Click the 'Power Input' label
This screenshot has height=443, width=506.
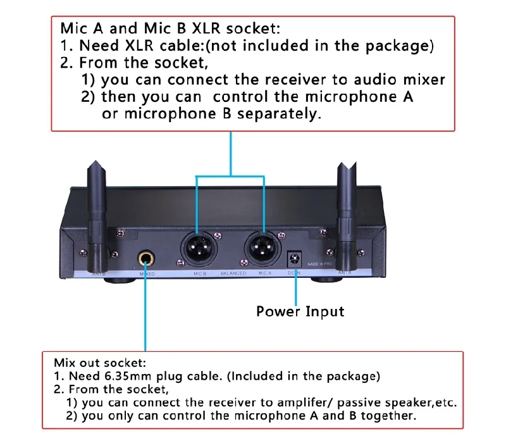point(300,311)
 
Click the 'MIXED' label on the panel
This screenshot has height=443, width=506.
point(147,274)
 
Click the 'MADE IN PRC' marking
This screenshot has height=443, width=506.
point(321,263)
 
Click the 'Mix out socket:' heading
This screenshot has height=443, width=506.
point(100,363)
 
